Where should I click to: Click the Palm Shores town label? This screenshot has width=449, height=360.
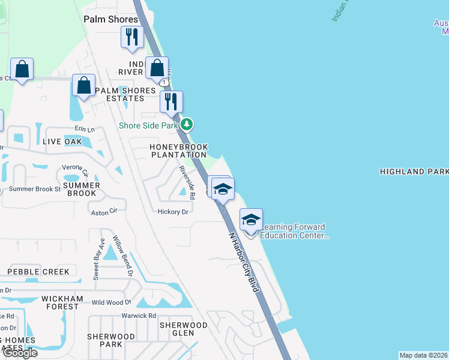click(111, 19)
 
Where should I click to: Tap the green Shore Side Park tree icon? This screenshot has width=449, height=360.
click(188, 125)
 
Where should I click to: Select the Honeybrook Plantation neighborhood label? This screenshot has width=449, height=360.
click(179, 151)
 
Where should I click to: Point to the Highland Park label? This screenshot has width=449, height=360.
click(414, 172)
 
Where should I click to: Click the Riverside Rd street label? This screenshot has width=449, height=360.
click(187, 183)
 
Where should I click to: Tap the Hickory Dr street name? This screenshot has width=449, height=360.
click(173, 212)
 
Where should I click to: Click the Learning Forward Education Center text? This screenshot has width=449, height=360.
click(294, 232)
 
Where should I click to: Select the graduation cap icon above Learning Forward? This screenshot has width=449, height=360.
click(251, 220)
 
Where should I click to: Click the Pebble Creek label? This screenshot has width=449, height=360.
click(38, 272)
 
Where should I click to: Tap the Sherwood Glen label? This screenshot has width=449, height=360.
click(183, 329)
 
